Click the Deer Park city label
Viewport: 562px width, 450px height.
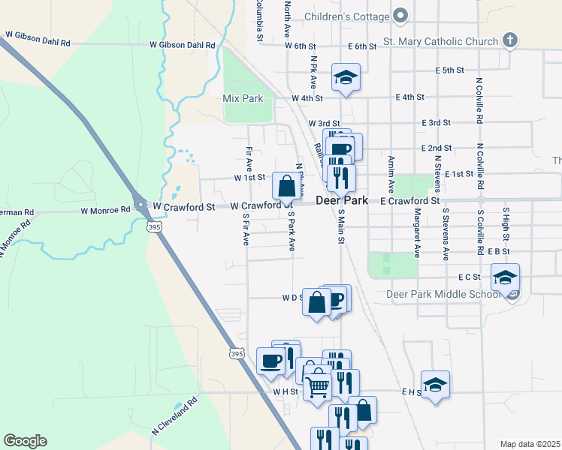pyautogui.click(x=341, y=201)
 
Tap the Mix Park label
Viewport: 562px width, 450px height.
pyautogui.click(x=243, y=98)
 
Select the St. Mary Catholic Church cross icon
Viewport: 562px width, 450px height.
pyautogui.click(x=509, y=40)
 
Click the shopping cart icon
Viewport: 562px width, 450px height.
pyautogui.click(x=319, y=386)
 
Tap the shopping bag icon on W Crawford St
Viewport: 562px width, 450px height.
pyautogui.click(x=287, y=184)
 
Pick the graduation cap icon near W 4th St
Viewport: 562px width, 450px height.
pyautogui.click(x=346, y=76)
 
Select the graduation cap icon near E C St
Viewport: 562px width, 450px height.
pyautogui.click(x=505, y=277)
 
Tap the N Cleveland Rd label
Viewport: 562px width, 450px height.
pyautogui.click(x=174, y=416)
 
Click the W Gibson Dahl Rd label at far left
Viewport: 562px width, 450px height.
pyautogui.click(x=38, y=35)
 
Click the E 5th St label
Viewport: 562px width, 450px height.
pyautogui.click(x=450, y=70)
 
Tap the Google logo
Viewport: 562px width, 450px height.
pyautogui.click(x=25, y=441)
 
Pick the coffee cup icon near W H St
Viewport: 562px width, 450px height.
pyautogui.click(x=270, y=361)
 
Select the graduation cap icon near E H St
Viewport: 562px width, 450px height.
pyautogui.click(x=435, y=385)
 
